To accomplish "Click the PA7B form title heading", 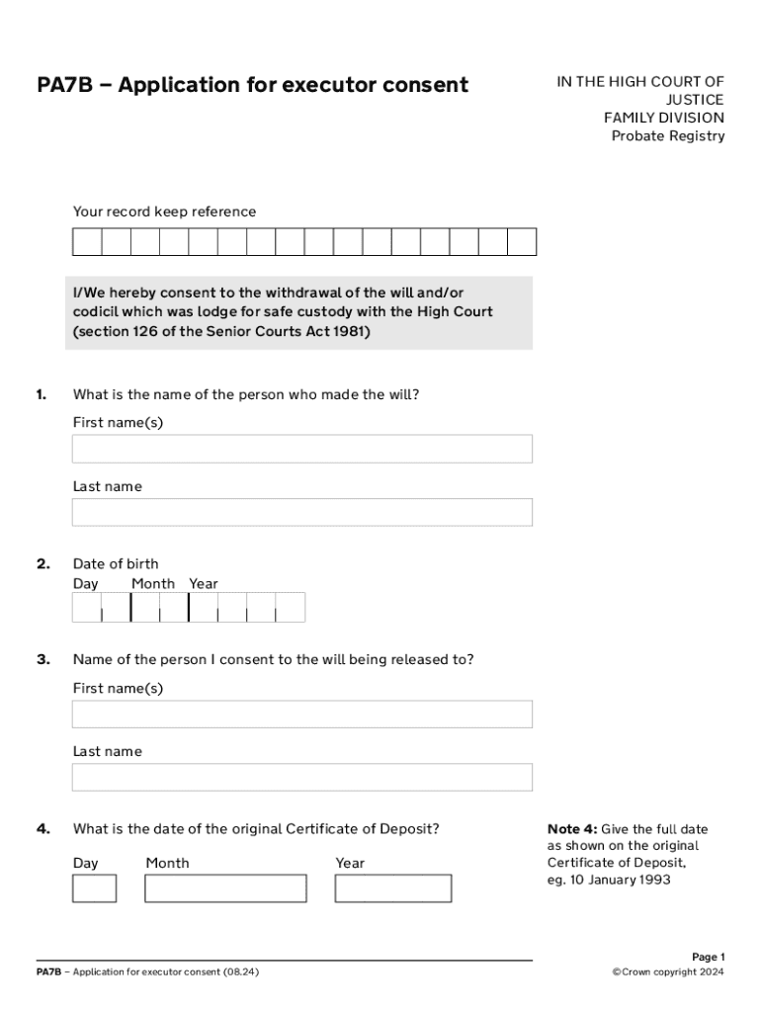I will coord(252,85).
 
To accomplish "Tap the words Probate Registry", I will coord(667,135).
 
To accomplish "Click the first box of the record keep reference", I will coord(87,242).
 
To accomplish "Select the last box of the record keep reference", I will coord(522,242).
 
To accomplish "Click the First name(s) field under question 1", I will coord(301,449).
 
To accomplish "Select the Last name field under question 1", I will coord(301,512).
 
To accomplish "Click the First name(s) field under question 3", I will coord(301,714).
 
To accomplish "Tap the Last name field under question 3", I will coord(301,777).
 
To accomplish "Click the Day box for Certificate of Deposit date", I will coord(94,888).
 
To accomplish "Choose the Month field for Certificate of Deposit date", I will coord(225,888).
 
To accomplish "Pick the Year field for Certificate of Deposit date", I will coord(392,888).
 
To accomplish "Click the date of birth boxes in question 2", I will coord(189,607).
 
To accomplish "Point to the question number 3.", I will coord(43,659).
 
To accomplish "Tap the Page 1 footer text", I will coord(708,957).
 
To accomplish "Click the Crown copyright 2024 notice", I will coord(668,972).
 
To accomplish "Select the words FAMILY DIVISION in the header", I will coord(663,118).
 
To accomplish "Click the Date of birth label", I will coord(116,564).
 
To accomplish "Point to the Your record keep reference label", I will coord(164,211).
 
